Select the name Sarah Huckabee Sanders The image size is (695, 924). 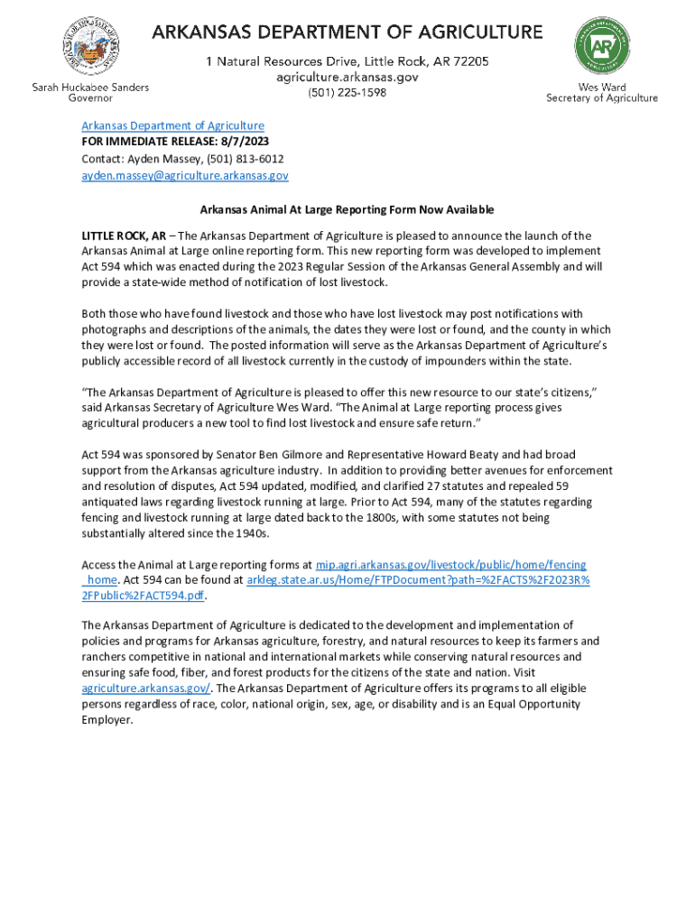coord(90,87)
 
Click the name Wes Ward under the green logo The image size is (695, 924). coord(601,88)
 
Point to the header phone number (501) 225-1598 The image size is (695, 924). coord(347,92)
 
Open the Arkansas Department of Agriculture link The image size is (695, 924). coord(172,126)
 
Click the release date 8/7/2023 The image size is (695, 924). coord(245,143)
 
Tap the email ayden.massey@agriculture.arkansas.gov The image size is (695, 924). coord(185,176)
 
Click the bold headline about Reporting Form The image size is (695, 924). coord(347,210)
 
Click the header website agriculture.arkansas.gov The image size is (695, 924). coord(347,78)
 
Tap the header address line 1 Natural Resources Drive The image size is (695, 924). coord(347,61)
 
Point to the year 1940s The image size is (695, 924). coord(248,534)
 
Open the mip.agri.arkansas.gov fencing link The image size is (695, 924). coord(450,564)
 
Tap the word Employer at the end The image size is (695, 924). coord(107,720)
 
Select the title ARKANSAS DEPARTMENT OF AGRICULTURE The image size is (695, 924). coord(347,33)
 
